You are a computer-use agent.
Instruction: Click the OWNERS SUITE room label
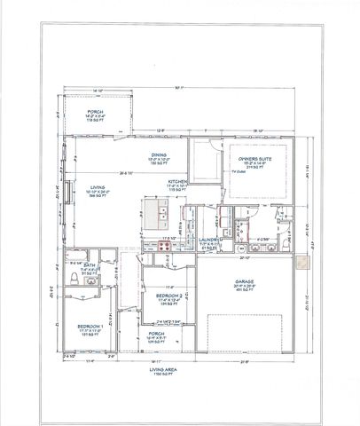(x=254, y=161)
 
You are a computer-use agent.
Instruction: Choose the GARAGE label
(x=245, y=282)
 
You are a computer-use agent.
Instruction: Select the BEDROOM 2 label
(x=169, y=295)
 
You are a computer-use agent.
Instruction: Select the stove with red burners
(x=166, y=251)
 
